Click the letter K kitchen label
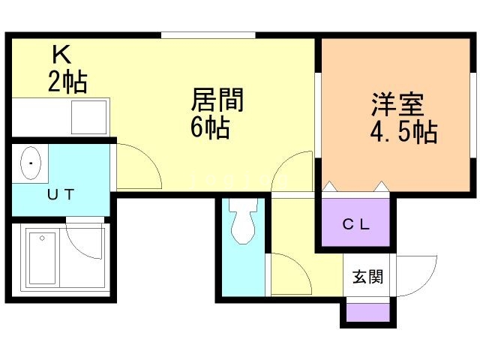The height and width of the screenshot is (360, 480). click(x=61, y=55)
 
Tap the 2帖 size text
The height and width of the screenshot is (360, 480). click(x=67, y=81)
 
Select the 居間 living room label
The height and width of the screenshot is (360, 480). click(x=218, y=100)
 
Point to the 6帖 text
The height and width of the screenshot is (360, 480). click(x=210, y=127)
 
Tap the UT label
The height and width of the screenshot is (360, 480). click(x=61, y=194)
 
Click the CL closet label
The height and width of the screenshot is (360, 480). click(x=356, y=223)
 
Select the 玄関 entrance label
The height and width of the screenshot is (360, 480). click(x=368, y=277)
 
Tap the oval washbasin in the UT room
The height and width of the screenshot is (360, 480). click(x=31, y=163)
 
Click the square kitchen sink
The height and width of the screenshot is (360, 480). click(x=88, y=116)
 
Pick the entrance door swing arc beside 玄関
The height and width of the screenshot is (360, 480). click(x=417, y=276)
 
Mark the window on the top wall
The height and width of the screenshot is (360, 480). click(x=208, y=34)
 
